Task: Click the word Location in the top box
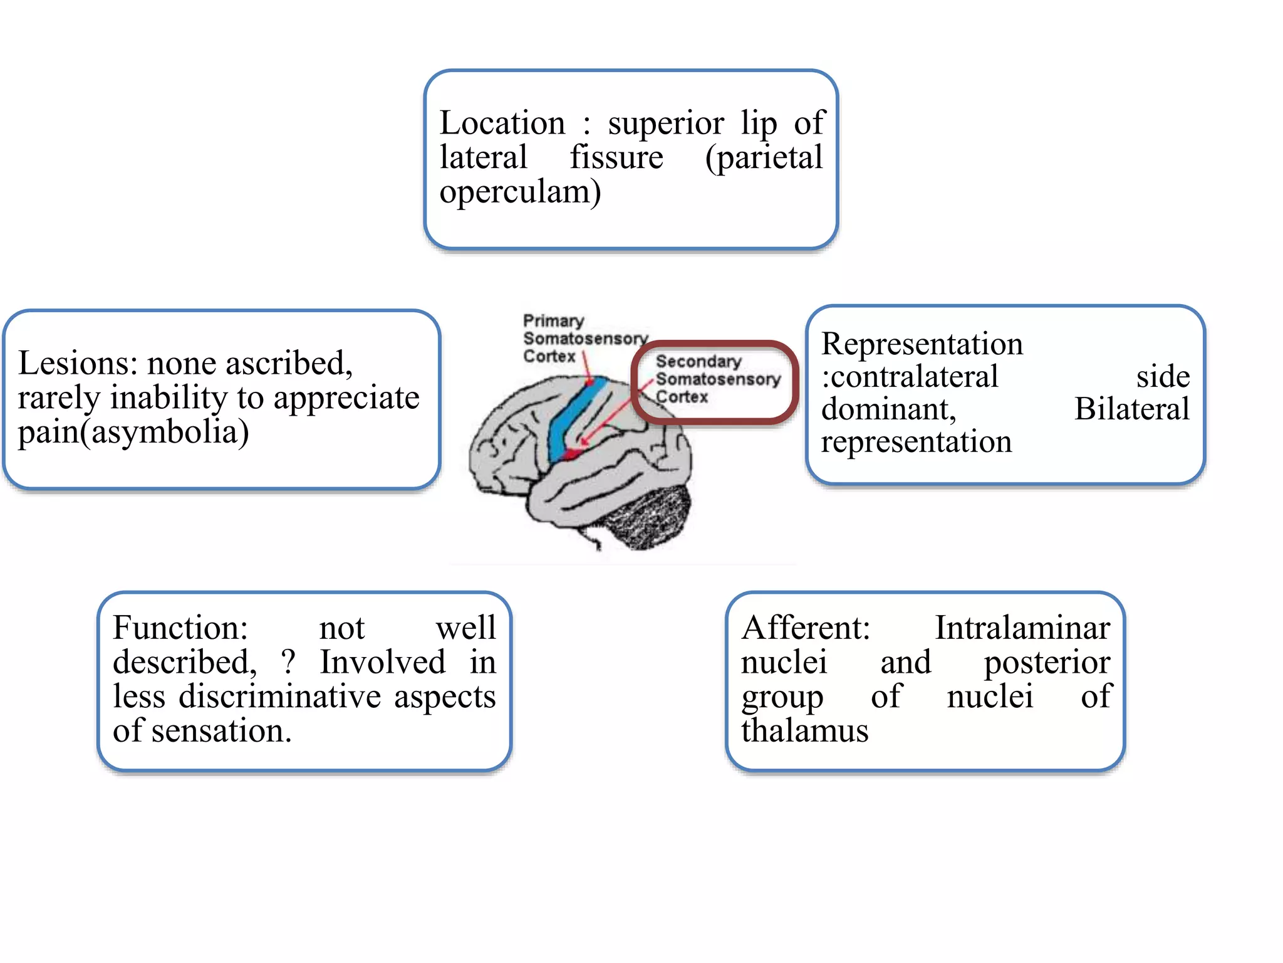[502, 123]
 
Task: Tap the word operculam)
[520, 192]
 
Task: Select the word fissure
[616, 157]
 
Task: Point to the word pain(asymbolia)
[133, 432]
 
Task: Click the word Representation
[922, 344]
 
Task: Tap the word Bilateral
[1131, 409]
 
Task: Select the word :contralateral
[910, 376]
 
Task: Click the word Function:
[180, 628]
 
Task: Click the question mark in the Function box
[288, 662]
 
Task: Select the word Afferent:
[806, 628]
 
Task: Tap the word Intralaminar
[1022, 628]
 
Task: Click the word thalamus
[804, 731]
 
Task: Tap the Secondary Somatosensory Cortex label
[717, 379]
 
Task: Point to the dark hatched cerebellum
[648, 517]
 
